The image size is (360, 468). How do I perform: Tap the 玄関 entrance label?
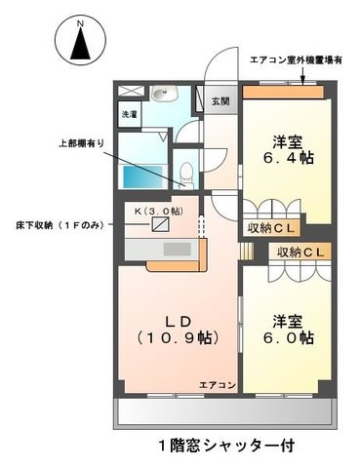click(x=219, y=100)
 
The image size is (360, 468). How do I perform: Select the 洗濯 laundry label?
click(x=129, y=114)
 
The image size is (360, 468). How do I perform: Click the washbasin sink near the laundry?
click(x=162, y=95)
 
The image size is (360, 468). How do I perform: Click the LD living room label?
click(x=177, y=320)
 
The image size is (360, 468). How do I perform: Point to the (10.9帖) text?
click(x=177, y=338)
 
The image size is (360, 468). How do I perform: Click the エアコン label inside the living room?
click(x=218, y=385)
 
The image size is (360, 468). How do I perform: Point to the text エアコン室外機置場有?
click(x=296, y=59)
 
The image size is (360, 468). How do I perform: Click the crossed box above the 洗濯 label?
click(x=129, y=92)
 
